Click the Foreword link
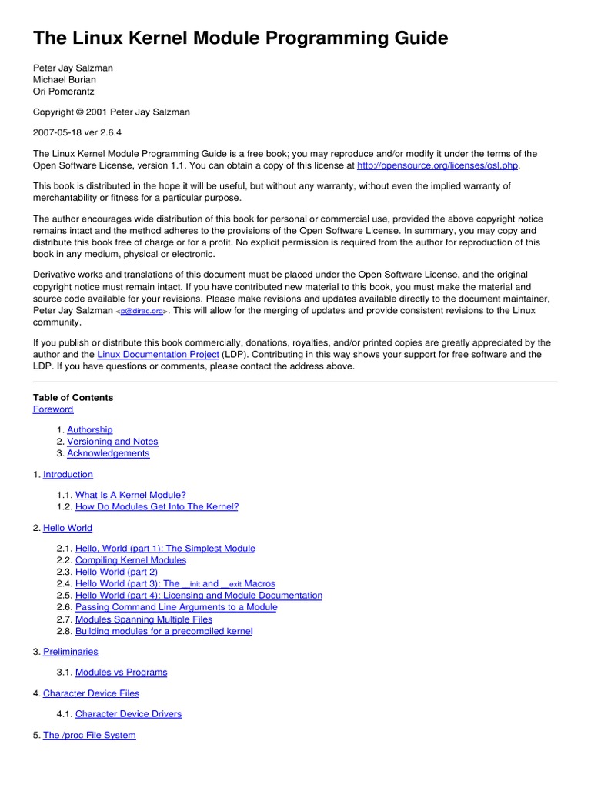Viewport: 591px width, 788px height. coord(53,409)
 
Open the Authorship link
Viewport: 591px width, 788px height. coord(89,429)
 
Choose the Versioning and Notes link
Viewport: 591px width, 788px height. coord(112,442)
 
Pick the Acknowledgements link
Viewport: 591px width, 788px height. coord(108,453)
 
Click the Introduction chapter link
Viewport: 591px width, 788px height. coord(68,475)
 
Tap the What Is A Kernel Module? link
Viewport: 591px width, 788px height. coord(130,495)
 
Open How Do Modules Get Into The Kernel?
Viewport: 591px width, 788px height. coord(157,507)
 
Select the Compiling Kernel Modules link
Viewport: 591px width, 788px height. coord(131,560)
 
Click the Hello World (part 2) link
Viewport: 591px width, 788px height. coord(116,573)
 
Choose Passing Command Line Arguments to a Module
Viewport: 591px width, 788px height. coord(176,607)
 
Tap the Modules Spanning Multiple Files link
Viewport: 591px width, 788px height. coord(144,619)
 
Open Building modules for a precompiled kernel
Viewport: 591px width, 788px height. coord(164,631)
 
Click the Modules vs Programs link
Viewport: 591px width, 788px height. coord(121,673)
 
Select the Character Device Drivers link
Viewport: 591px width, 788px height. coord(129,714)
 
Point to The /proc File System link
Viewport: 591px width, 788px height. coord(89,736)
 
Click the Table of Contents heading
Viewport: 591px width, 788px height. coord(73,398)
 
